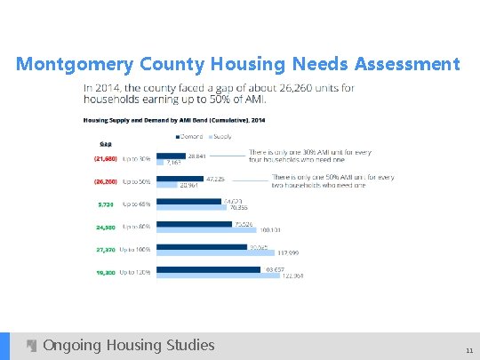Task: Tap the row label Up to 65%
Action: coord(136,204)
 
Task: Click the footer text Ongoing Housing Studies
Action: coord(128,345)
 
